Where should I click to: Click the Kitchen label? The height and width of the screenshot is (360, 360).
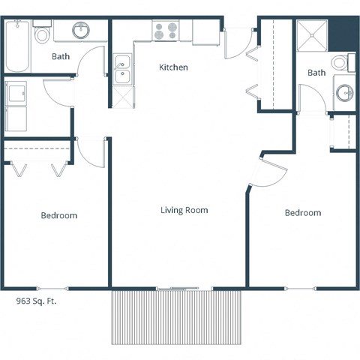[173, 67]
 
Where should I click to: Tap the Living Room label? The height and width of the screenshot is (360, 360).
[184, 210]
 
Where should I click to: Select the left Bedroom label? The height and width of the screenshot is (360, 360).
[58, 215]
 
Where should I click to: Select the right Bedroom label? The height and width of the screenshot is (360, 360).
[302, 213]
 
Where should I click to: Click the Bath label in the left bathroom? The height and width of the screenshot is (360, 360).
[61, 56]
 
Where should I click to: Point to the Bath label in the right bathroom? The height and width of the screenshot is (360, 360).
[316, 73]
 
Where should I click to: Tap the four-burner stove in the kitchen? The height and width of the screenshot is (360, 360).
[165, 31]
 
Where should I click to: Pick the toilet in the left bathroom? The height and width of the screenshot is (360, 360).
[42, 34]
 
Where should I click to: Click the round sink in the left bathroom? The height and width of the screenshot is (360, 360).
[82, 31]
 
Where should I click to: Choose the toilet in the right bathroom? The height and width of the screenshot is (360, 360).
[343, 63]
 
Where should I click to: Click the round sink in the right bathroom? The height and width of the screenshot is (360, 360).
[344, 93]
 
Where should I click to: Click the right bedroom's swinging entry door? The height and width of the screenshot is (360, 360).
[271, 173]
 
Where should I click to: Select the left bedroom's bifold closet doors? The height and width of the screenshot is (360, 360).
[37, 168]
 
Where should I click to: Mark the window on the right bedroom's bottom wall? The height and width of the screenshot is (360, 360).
[300, 288]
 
